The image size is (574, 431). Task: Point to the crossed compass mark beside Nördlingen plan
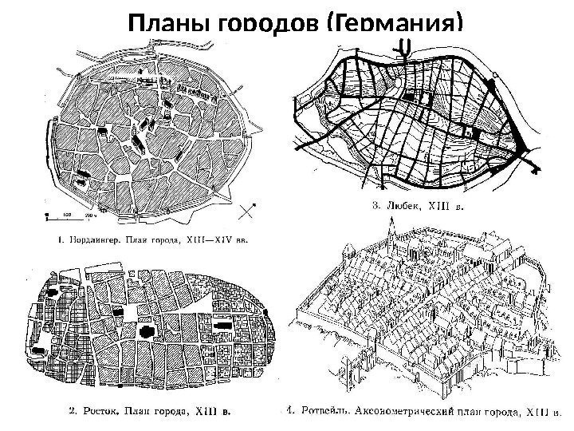(x=248, y=212)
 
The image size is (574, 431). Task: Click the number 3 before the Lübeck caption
(x=376, y=205)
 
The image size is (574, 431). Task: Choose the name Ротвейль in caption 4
(x=324, y=413)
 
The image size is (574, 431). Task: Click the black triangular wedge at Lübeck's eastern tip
(x=526, y=152)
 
